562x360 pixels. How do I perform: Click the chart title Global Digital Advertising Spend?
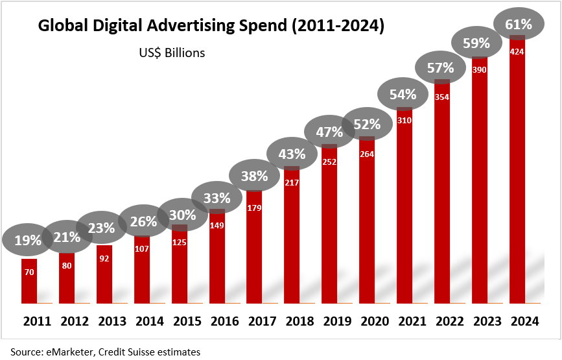click(x=211, y=26)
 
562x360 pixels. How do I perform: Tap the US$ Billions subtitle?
click(x=172, y=53)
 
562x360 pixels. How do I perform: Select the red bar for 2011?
click(x=29, y=285)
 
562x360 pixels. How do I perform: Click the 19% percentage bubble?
click(x=28, y=240)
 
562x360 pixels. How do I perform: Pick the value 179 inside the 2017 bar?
click(x=255, y=208)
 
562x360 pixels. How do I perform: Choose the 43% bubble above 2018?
click(x=292, y=154)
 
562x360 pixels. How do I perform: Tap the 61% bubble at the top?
click(x=517, y=25)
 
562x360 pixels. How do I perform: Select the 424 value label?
click(x=517, y=51)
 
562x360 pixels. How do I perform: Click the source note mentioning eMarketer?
click(x=105, y=352)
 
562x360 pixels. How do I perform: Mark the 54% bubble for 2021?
click(x=404, y=95)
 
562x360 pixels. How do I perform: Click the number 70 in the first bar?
click(x=29, y=272)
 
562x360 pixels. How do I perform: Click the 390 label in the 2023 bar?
click(x=480, y=69)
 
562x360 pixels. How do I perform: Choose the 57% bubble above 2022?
click(x=442, y=67)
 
